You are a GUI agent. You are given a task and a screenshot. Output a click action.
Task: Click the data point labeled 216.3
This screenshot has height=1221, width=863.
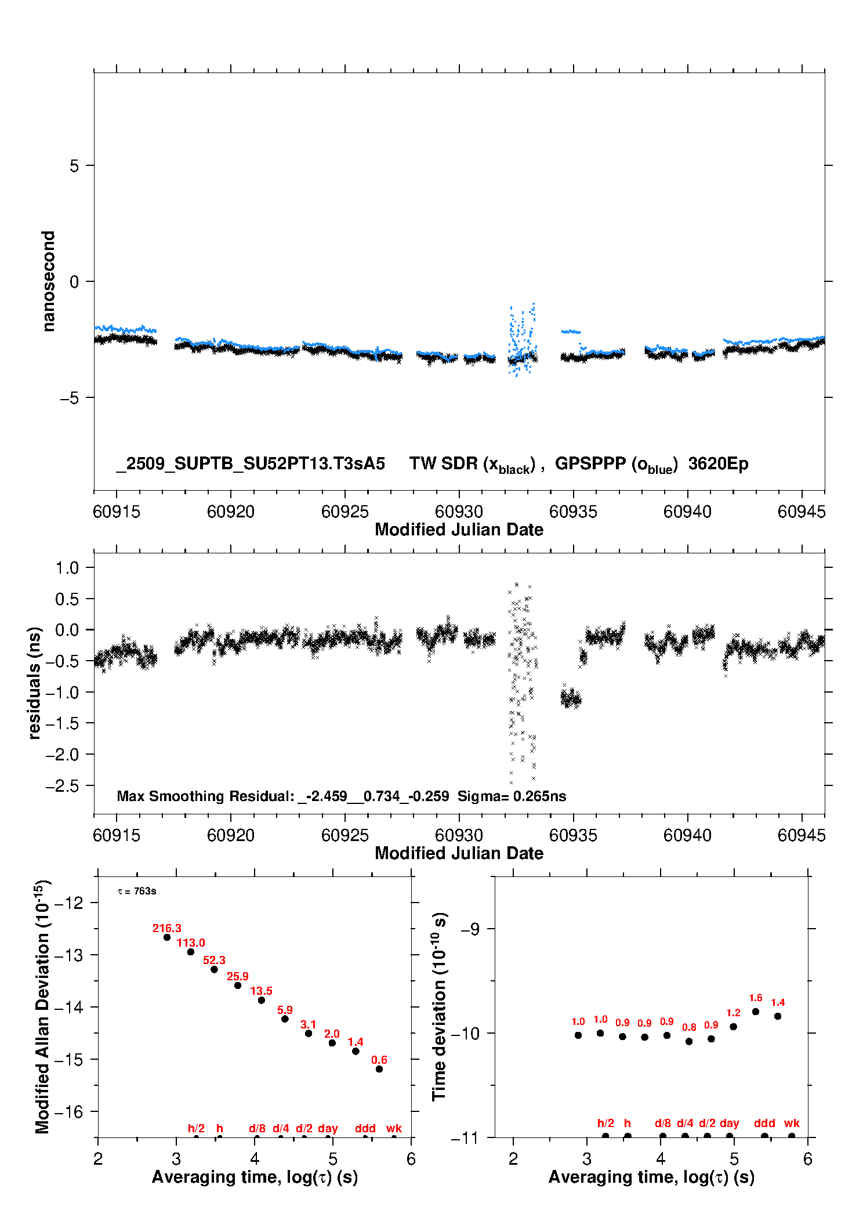click(x=167, y=937)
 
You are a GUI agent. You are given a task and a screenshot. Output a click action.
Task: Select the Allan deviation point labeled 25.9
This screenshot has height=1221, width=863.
click(x=238, y=985)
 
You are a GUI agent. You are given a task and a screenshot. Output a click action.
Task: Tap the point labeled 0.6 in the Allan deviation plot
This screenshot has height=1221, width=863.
click(x=379, y=1068)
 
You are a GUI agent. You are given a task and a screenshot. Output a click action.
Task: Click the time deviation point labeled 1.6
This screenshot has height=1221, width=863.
click(x=756, y=1012)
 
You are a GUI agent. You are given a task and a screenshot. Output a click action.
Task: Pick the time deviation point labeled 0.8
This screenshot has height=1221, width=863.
click(x=689, y=1041)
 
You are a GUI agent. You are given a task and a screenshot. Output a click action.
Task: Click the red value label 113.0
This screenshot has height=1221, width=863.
click(x=191, y=943)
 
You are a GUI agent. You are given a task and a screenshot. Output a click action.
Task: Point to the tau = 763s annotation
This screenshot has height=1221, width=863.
click(x=137, y=891)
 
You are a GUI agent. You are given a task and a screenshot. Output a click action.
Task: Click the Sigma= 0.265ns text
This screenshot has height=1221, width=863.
click(x=512, y=796)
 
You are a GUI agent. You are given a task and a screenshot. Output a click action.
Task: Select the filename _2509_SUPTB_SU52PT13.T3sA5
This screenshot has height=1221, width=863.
click(x=251, y=463)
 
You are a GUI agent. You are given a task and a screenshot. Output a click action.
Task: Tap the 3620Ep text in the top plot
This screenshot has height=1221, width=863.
click(x=718, y=463)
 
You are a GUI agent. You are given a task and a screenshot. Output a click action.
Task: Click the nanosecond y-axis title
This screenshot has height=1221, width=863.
click(x=49, y=281)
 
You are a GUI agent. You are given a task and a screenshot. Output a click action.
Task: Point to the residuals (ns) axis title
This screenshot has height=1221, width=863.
click(x=35, y=683)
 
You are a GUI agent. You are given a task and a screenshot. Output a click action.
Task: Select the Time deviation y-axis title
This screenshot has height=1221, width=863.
click(x=439, y=1006)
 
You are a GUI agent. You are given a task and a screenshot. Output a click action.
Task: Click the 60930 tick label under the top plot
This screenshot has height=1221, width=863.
click(x=459, y=512)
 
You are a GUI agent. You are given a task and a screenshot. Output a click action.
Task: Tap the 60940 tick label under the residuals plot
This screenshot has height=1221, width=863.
click(x=687, y=835)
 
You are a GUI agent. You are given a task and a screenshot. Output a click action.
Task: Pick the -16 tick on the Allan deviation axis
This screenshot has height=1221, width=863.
click(x=68, y=1112)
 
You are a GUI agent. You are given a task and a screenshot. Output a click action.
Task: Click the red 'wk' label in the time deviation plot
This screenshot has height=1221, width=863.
click(x=792, y=1123)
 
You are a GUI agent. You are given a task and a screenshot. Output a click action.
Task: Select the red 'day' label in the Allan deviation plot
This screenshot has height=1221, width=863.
click(x=328, y=1128)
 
